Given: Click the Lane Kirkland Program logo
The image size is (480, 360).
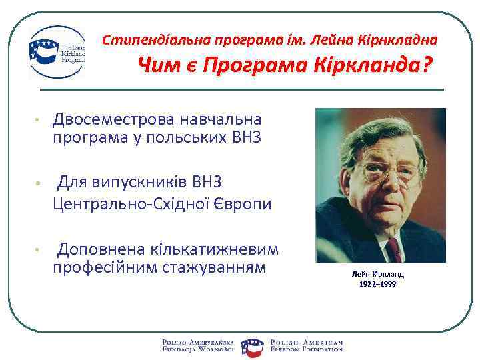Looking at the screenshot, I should [x=57, y=52].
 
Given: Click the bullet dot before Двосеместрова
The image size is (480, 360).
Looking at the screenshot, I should [x=39, y=121].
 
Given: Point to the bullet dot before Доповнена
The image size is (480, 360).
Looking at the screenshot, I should [x=39, y=251].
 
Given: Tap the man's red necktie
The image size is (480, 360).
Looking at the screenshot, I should [x=395, y=250].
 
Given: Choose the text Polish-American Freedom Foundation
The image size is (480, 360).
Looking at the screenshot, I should [x=306, y=345].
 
